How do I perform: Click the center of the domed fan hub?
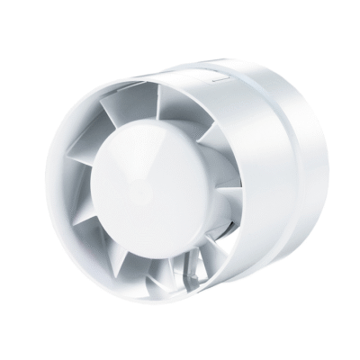[x=154, y=187]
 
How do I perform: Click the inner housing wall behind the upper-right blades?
[x=234, y=153]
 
